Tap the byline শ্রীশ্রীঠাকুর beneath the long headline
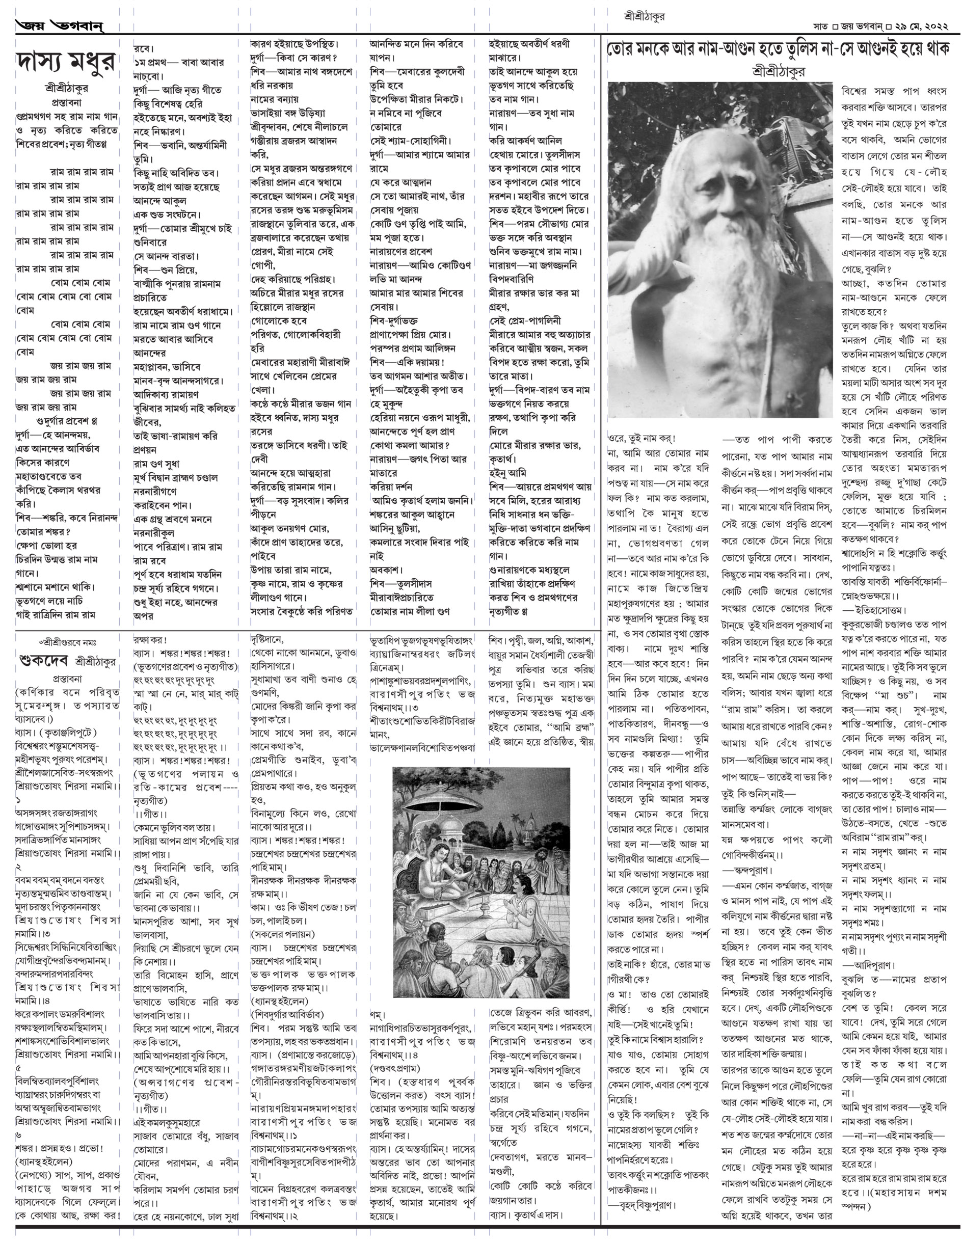click(778, 71)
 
